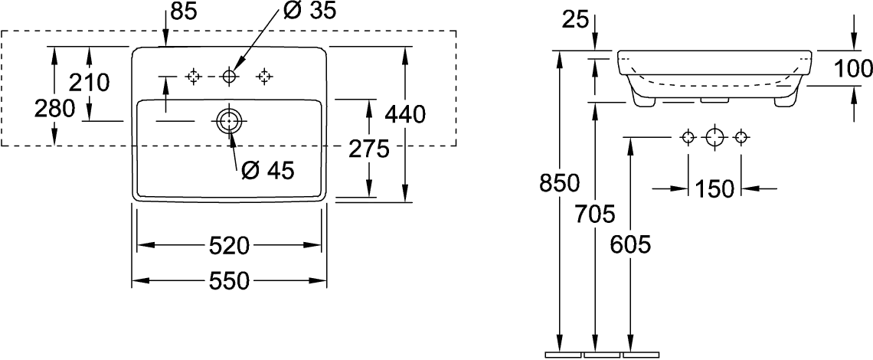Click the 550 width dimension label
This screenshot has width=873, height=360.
pyautogui.click(x=229, y=281)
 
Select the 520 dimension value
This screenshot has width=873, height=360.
pyautogui.click(x=229, y=246)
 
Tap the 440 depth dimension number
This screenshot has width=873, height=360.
pyautogui.click(x=405, y=115)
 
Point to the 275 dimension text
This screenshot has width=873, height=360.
pyautogui.click(x=368, y=149)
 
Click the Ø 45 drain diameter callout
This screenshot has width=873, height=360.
pyautogui.click(x=267, y=172)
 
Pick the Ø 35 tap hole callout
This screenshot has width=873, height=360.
pyautogui.click(x=309, y=11)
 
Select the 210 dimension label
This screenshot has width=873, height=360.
pyautogui.click(x=89, y=83)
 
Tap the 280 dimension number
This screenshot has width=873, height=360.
pyautogui.click(x=54, y=109)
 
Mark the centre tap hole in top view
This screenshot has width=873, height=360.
pyautogui.click(x=229, y=76)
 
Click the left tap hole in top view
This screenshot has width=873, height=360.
pyautogui.click(x=193, y=76)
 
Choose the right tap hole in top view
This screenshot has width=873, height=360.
pyautogui.click(x=264, y=76)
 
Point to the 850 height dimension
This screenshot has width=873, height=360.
pyautogui.click(x=559, y=183)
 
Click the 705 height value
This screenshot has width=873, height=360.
pyautogui.click(x=595, y=213)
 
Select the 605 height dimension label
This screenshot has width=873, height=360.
pyautogui.click(x=630, y=244)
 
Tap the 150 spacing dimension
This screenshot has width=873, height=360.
pyautogui.click(x=714, y=189)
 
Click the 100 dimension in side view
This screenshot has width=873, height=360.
pyautogui.click(x=853, y=68)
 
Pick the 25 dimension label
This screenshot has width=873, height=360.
pyautogui.click(x=574, y=21)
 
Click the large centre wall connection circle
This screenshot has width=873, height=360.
pyautogui.click(x=714, y=136)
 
